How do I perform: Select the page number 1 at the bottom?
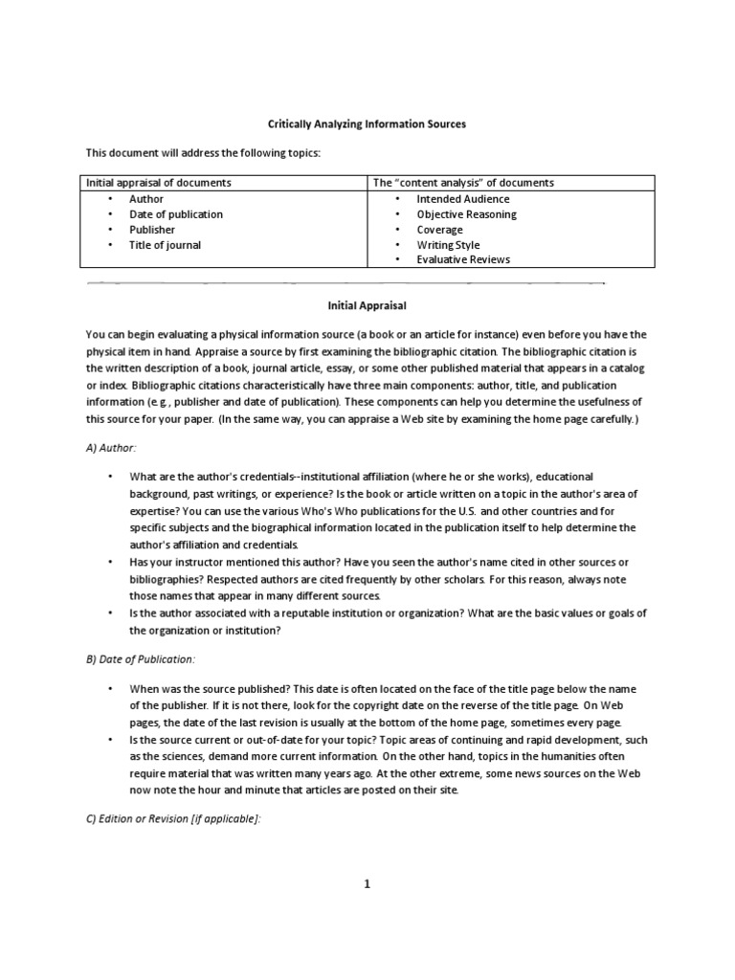click(366, 883)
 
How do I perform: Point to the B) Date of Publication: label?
click(140, 659)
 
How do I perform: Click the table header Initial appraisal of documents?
click(159, 183)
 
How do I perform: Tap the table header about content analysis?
click(463, 183)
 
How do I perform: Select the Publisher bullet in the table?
click(152, 230)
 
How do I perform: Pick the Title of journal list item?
click(166, 245)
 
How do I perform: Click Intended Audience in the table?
click(463, 199)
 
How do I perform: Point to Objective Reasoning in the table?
click(466, 214)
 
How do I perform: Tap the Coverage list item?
click(439, 230)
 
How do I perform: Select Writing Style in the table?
click(448, 245)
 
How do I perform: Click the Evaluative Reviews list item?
click(463, 259)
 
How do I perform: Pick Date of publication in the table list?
click(176, 214)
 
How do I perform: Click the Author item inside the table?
click(146, 199)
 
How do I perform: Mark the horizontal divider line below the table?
click(345, 283)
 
